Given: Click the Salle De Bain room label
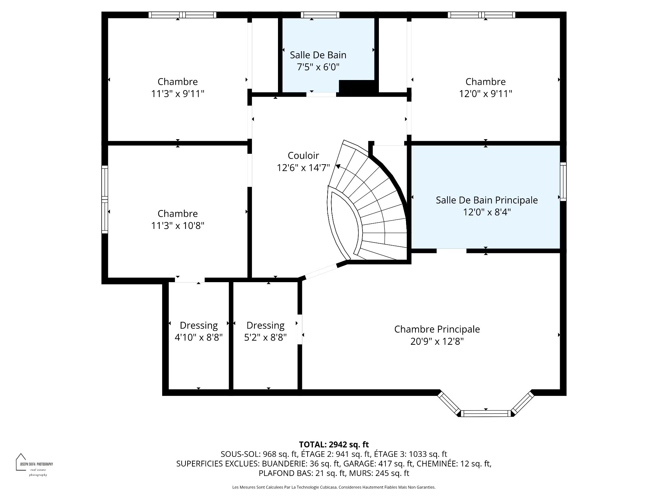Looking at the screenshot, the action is [x=318, y=55].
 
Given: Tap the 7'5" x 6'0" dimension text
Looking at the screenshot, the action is [x=318, y=67].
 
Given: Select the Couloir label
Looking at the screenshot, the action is [x=303, y=156].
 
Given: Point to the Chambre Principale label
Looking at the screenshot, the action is [x=437, y=329].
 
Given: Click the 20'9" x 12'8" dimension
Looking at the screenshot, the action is [x=437, y=342].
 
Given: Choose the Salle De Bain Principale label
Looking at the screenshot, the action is [x=487, y=200].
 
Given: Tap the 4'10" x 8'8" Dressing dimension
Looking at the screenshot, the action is [x=199, y=337].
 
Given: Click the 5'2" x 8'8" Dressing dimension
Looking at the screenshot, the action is [x=265, y=337].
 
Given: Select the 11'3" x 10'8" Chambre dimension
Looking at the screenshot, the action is [x=178, y=226].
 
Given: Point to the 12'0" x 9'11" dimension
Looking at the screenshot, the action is [x=486, y=94].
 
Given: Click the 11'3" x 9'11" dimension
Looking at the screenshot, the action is [x=178, y=94].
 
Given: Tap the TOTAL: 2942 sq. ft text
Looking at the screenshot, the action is [x=334, y=444].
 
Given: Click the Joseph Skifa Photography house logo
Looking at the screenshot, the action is [x=21, y=462].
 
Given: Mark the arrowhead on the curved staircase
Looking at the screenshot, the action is [x=338, y=166].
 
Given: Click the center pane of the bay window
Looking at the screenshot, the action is [x=486, y=413].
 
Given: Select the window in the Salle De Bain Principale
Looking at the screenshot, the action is [x=563, y=182].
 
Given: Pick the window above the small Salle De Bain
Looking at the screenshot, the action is [x=320, y=15].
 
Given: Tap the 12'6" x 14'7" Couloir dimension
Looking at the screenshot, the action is [x=303, y=168].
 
